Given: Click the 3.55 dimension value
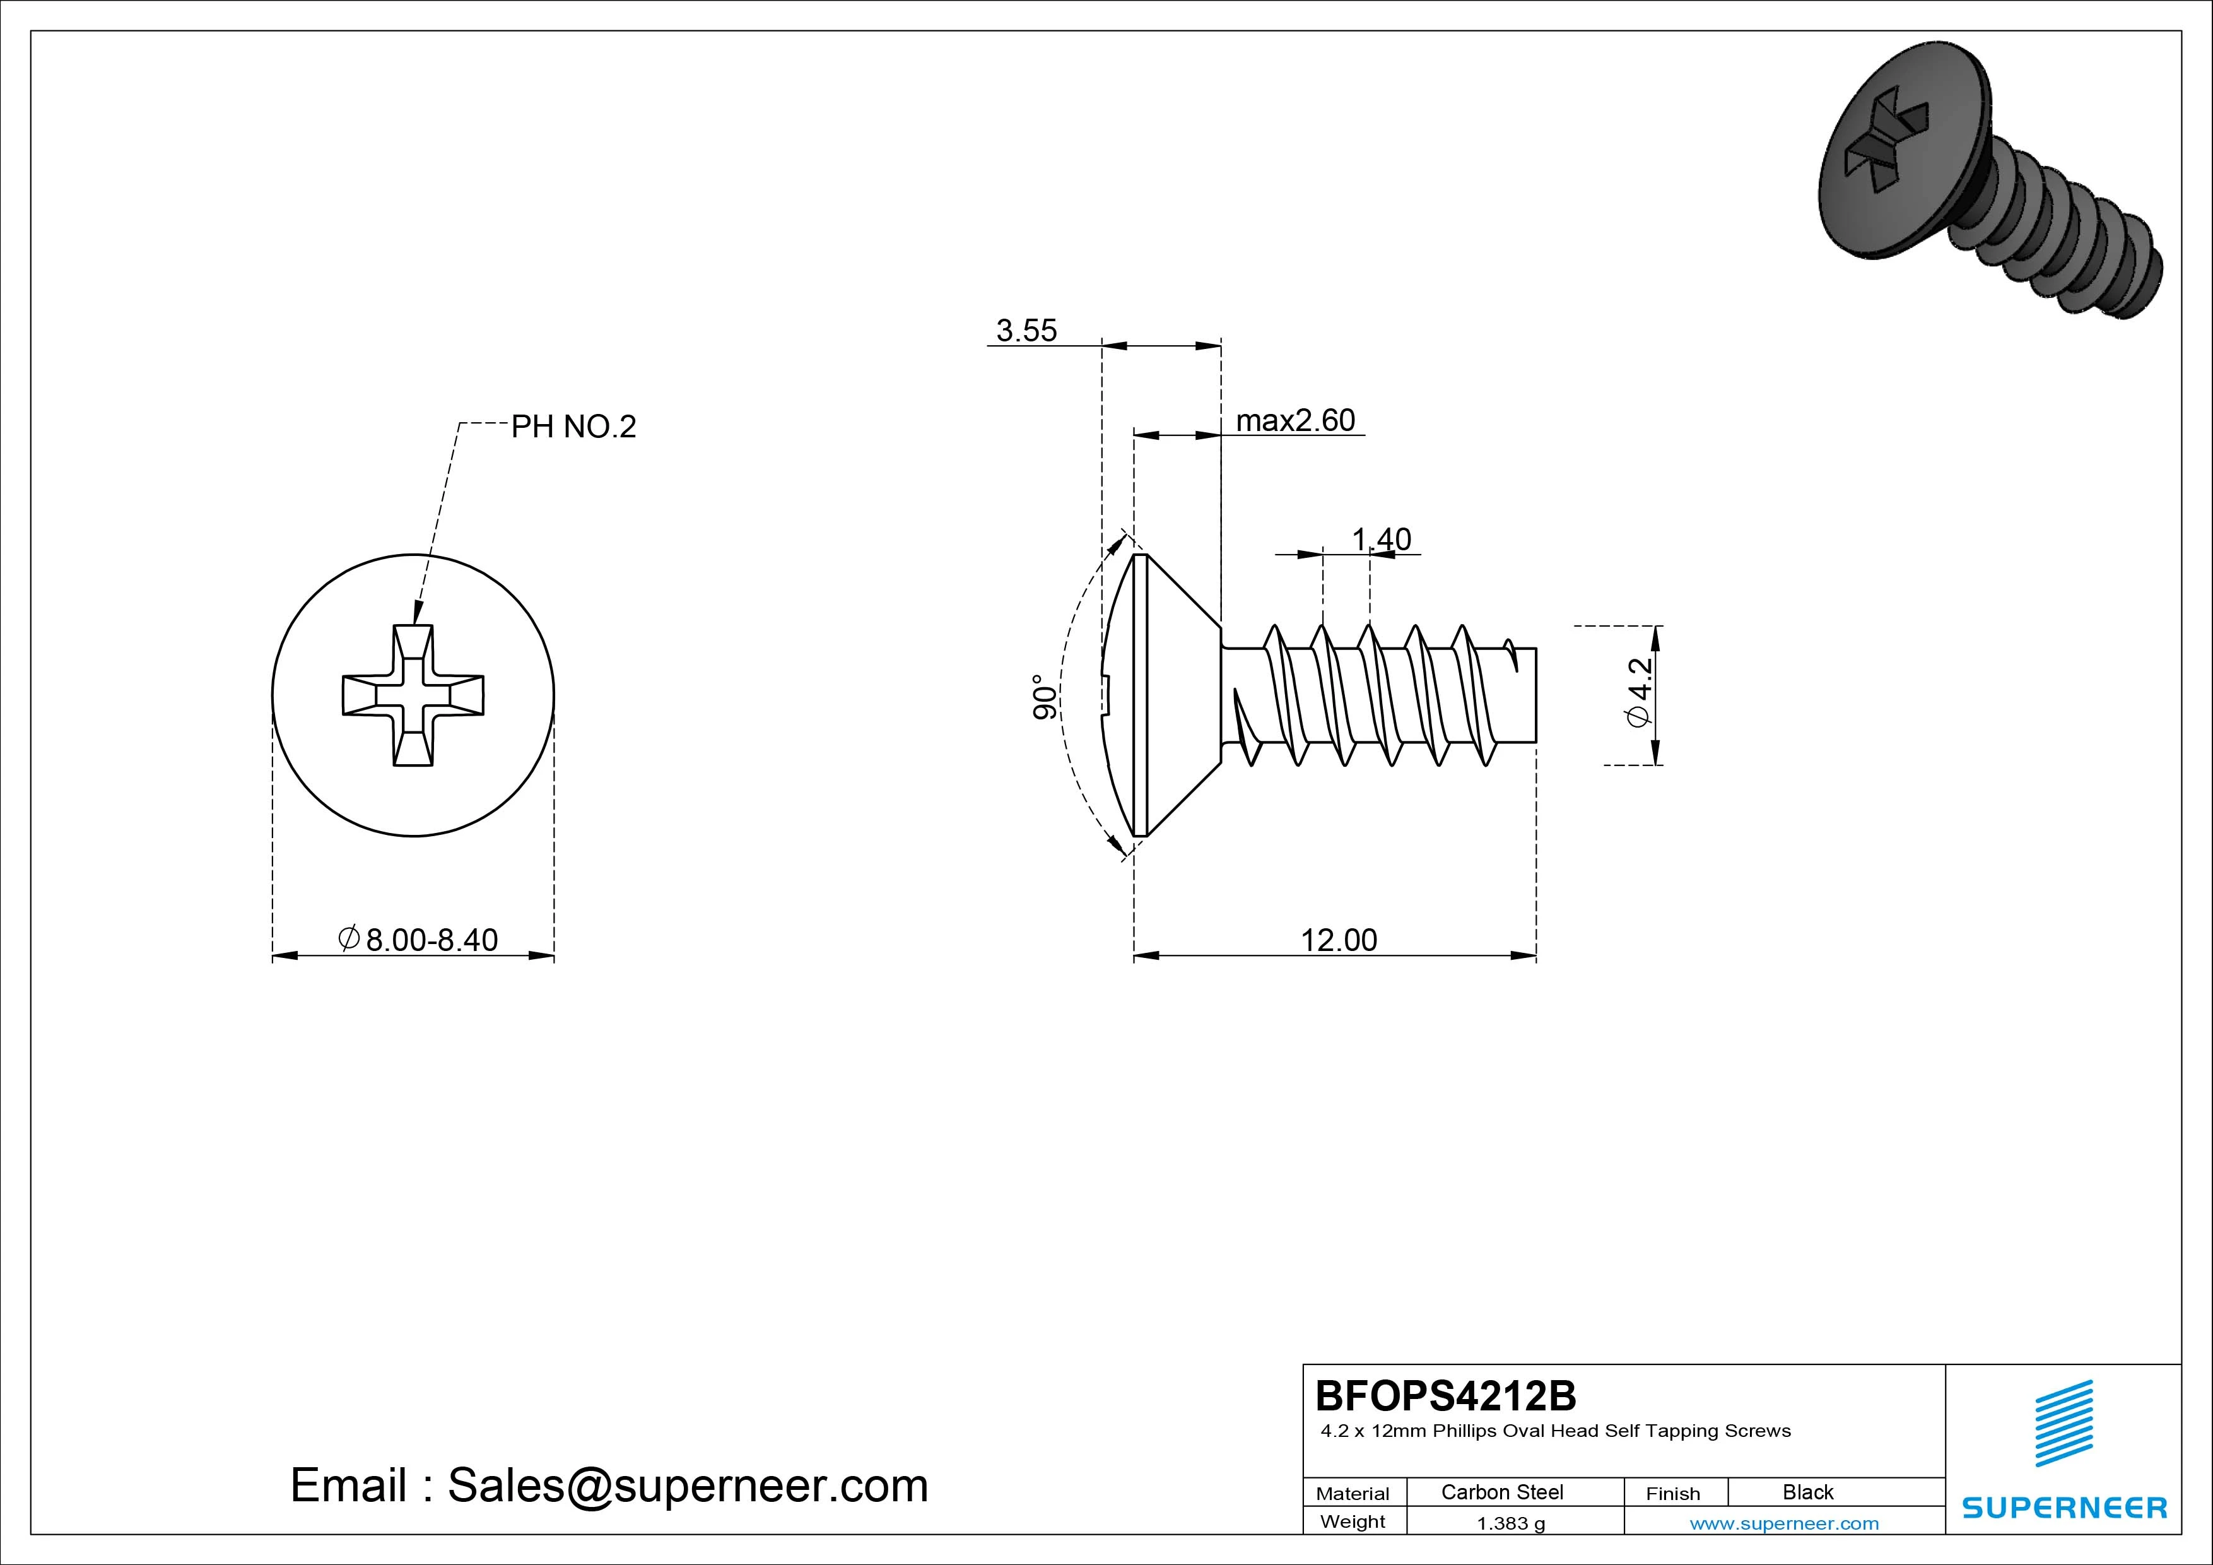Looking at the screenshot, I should pyautogui.click(x=1026, y=331).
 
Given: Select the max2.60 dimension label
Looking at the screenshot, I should pyautogui.click(x=1294, y=420).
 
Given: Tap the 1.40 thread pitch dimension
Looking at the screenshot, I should pyautogui.click(x=1380, y=539).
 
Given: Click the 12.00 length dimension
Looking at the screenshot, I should pyautogui.click(x=1338, y=939).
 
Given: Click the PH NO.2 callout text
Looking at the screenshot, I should pyautogui.click(x=573, y=426).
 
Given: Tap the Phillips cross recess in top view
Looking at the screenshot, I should pyautogui.click(x=413, y=695).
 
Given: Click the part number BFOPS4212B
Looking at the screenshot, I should pyautogui.click(x=1445, y=1395).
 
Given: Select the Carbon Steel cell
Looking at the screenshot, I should pyautogui.click(x=1501, y=1492).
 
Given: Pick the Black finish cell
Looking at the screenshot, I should pyautogui.click(x=1807, y=1492).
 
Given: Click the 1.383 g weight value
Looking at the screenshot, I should pyautogui.click(x=1510, y=1523).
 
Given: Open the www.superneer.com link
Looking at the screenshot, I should pyautogui.click(x=1783, y=1523).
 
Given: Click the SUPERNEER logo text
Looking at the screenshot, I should pyautogui.click(x=2063, y=1507).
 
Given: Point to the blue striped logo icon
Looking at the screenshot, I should pyautogui.click(x=2063, y=1423).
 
